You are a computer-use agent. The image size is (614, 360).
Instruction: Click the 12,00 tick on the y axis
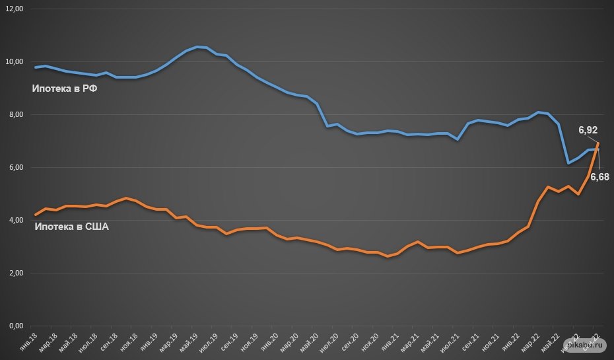pyautogui.click(x=13, y=9)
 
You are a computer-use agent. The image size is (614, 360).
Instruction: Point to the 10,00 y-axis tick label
pyautogui.click(x=13, y=62)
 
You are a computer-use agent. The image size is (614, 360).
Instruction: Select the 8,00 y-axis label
pyautogui.click(x=15, y=115)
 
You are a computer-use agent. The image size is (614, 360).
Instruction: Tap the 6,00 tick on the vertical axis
pyautogui.click(x=15, y=168)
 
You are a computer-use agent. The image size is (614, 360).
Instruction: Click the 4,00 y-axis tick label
pyautogui.click(x=15, y=220)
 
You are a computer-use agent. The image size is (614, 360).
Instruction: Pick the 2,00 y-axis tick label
pyautogui.click(x=15, y=273)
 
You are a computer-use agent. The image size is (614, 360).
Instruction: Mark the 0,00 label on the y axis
pyautogui.click(x=15, y=326)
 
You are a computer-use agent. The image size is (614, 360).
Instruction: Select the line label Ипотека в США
pyautogui.click(x=71, y=227)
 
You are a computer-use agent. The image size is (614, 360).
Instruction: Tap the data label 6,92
pyautogui.click(x=588, y=131)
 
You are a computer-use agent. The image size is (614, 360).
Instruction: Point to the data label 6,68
pyautogui.click(x=599, y=177)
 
